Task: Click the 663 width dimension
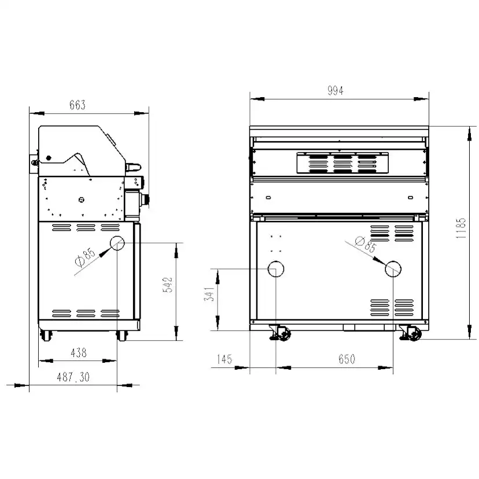point(78,105)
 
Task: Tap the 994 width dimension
point(336,91)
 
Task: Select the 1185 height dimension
point(460,228)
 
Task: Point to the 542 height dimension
point(168,285)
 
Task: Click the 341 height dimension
point(209,294)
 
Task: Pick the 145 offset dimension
point(224,359)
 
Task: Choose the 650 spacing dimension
point(347,359)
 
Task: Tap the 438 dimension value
point(79,353)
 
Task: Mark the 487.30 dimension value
point(73,377)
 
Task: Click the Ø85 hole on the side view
point(117,243)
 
